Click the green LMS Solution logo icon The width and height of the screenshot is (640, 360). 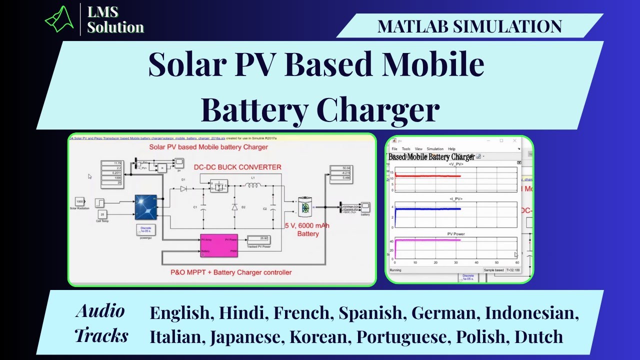[59, 19]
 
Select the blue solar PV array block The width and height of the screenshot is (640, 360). [145, 207]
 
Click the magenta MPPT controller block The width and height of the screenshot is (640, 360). [218, 245]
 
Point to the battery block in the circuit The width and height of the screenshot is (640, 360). [305, 207]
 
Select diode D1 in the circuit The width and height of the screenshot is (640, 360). [183, 188]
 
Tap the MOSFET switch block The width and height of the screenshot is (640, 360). [218, 186]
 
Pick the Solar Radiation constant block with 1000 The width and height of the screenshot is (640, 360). [79, 201]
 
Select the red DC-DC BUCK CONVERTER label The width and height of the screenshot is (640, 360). [237, 167]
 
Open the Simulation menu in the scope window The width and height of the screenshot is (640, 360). [435, 149]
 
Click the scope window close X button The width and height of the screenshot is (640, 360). [515, 141]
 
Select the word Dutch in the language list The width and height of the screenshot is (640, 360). [538, 336]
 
